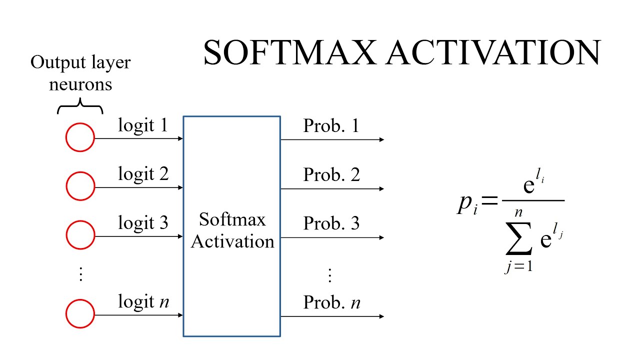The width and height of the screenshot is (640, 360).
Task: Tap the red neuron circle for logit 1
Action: pos(80,137)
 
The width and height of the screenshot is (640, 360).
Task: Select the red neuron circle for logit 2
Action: pos(80,186)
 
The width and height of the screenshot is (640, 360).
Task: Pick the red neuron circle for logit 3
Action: pos(80,234)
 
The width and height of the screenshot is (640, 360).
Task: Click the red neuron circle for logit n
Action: pos(80,313)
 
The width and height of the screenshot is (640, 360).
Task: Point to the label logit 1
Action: pos(143,125)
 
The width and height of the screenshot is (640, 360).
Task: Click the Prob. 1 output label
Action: pos(331,126)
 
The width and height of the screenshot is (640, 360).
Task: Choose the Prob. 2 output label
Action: pos(331,175)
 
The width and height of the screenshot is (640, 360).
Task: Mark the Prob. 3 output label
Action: pos(331,223)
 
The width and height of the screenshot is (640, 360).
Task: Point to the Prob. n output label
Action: pos(331,302)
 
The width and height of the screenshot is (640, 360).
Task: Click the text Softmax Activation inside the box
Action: pos(232,230)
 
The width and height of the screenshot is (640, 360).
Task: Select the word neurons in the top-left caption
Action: pos(80,84)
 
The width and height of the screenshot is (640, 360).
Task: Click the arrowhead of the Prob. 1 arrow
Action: pos(381,139)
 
